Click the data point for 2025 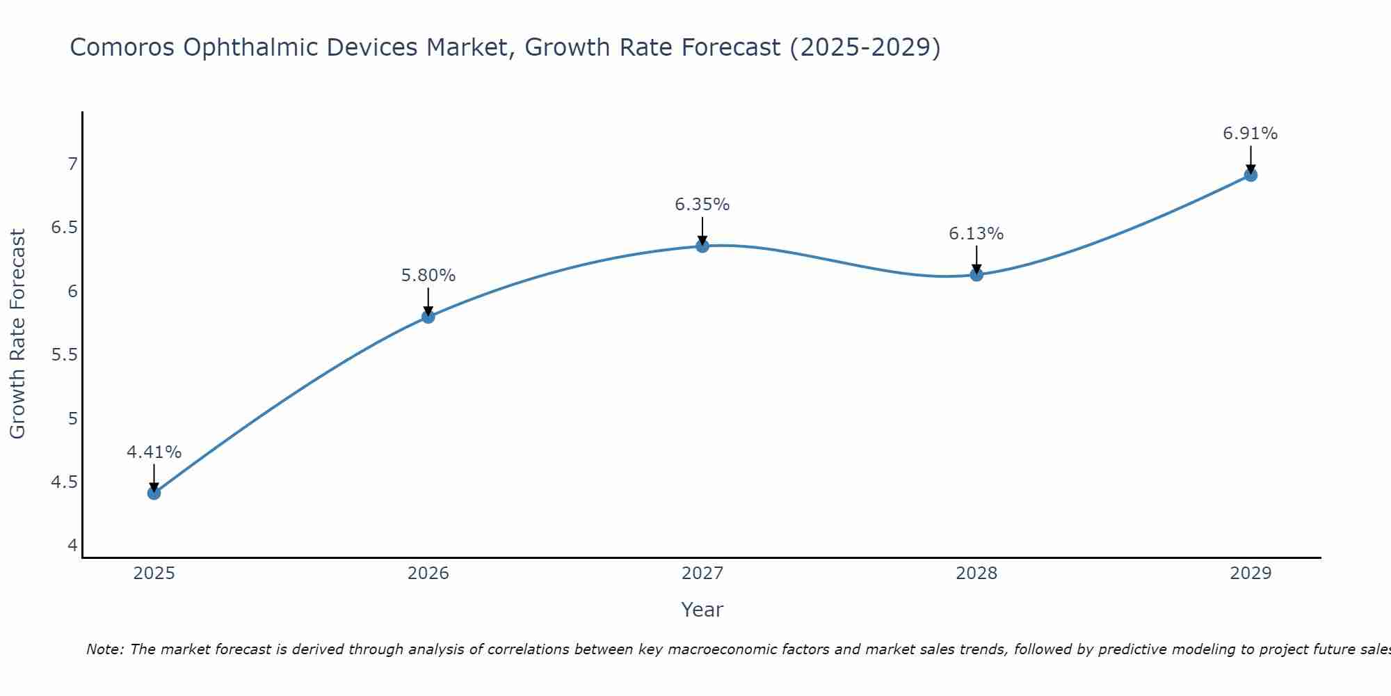coord(154,493)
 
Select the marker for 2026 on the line coord(428,317)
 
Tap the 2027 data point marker coord(702,246)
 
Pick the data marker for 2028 coord(976,274)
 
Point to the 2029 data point coord(1251,175)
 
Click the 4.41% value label coord(154,452)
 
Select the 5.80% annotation coord(428,276)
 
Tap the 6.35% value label coord(702,205)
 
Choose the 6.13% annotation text coord(976,234)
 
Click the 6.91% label coord(1251,134)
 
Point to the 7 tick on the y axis coord(72,164)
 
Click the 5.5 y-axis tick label coord(65,355)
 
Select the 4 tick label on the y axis coord(72,546)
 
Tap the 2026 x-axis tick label coord(428,574)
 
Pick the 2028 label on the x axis coord(976,574)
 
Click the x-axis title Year coord(702,610)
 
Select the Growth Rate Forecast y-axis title coord(18,334)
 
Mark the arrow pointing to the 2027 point coord(702,230)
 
